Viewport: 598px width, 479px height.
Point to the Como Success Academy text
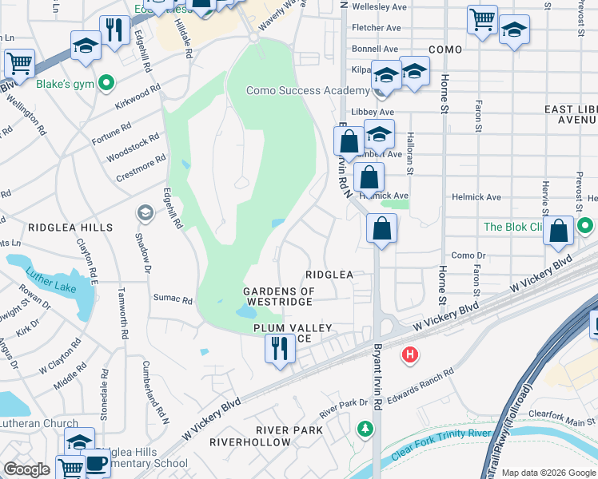307,90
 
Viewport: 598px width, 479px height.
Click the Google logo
26,469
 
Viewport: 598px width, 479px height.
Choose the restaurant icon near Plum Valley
279,349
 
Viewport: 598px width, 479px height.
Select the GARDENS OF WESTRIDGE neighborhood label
279,296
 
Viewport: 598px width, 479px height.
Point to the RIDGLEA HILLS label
70,228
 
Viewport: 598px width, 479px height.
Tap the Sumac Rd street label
173,300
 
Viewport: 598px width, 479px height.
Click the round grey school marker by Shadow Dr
145,212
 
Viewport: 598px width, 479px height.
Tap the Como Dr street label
468,255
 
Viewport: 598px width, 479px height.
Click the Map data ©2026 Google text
548,473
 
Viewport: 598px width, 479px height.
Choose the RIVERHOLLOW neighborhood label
250,441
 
